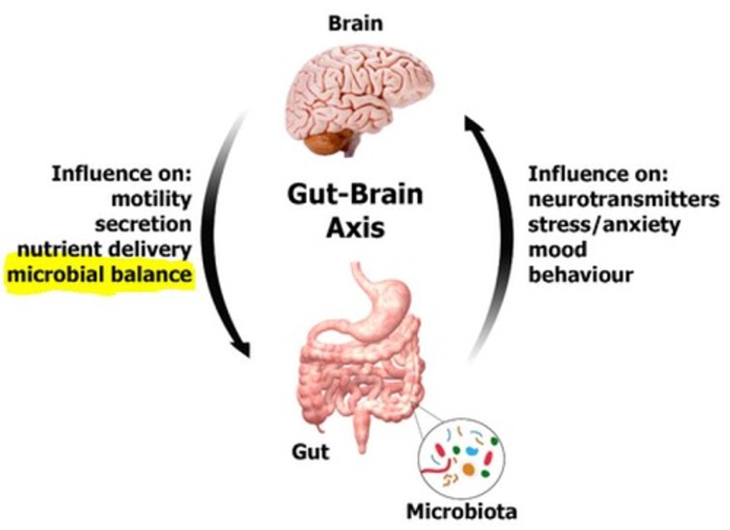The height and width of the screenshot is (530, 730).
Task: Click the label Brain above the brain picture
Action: tap(355, 24)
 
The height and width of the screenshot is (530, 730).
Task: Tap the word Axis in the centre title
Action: tap(355, 229)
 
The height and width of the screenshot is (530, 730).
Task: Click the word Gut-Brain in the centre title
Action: tap(355, 195)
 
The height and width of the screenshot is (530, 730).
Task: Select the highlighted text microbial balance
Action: tap(99, 275)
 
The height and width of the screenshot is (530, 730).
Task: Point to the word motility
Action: tap(152, 199)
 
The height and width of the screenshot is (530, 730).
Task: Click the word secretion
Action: tap(143, 225)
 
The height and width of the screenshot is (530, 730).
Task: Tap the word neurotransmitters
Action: tap(624, 200)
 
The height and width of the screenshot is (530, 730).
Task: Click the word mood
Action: tap(557, 250)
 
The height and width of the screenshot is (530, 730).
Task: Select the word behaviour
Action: tap(581, 275)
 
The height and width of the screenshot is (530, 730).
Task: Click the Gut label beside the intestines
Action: tap(310, 452)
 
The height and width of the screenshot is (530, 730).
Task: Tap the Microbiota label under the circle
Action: tap(462, 512)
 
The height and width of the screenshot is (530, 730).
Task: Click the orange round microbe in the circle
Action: tap(468, 469)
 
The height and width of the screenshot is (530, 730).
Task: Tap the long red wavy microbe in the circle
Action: tap(436, 467)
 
